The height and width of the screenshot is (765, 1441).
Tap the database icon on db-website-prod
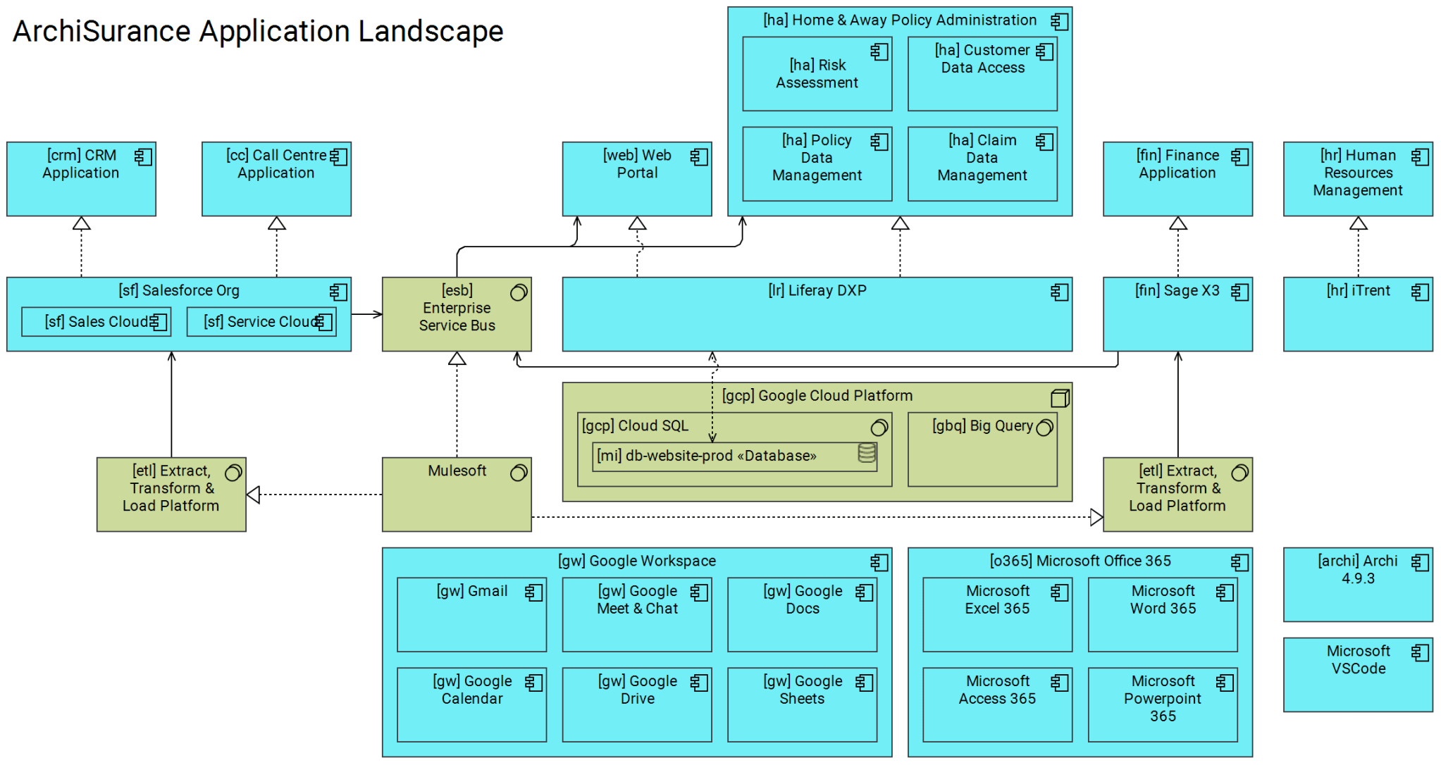click(x=867, y=453)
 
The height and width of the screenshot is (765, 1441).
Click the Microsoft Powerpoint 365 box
click(x=1163, y=705)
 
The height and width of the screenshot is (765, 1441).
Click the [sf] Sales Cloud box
click(x=97, y=322)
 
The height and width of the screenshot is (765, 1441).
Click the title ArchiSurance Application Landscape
click(x=258, y=32)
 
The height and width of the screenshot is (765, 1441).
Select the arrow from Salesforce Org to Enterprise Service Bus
click(x=366, y=314)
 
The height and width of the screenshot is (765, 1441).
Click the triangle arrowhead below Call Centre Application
click(x=276, y=223)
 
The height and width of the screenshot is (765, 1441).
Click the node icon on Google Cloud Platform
click(x=1060, y=399)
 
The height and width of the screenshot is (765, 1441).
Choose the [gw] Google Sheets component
click(x=802, y=705)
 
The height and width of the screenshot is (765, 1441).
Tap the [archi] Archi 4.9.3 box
click(x=1358, y=585)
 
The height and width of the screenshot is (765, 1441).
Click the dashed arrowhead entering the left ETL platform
click(x=254, y=495)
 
